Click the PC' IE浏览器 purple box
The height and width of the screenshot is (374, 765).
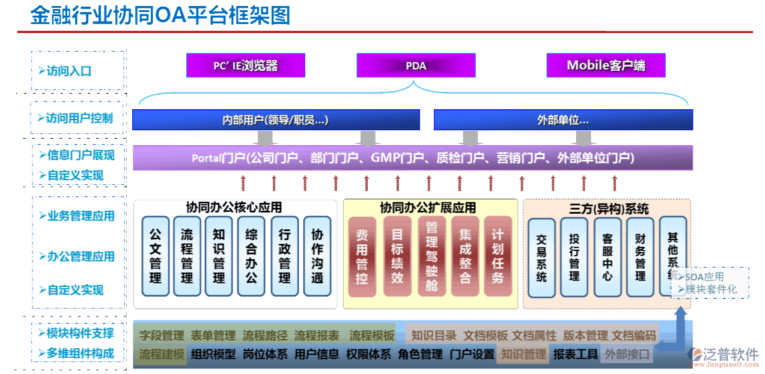pyautogui.click(x=245, y=65)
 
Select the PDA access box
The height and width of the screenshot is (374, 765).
pyautogui.click(x=416, y=65)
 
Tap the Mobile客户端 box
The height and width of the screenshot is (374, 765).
pyautogui.click(x=606, y=65)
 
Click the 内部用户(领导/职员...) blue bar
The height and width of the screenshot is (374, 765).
pyautogui.click(x=276, y=120)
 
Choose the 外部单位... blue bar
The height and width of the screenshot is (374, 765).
pyautogui.click(x=563, y=120)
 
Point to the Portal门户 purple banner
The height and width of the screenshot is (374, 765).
pyautogui.click(x=412, y=158)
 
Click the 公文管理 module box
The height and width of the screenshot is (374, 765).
pyautogui.click(x=156, y=256)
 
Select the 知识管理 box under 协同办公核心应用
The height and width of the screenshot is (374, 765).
pyautogui.click(x=219, y=256)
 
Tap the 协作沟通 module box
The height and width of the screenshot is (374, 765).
pyautogui.click(x=317, y=256)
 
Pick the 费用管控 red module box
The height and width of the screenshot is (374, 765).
pyautogui.click(x=362, y=256)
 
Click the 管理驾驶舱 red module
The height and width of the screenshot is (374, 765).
pyautogui.click(x=431, y=256)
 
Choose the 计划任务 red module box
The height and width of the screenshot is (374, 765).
pyautogui.click(x=498, y=256)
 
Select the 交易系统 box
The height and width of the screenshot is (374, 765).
pyautogui.click(x=541, y=258)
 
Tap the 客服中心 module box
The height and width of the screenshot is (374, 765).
pyautogui.click(x=608, y=258)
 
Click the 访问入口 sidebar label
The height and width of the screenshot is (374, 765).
pyautogui.click(x=69, y=71)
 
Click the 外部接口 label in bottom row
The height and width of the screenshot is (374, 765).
pyautogui.click(x=627, y=355)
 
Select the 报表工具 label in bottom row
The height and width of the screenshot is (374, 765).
pyautogui.click(x=575, y=355)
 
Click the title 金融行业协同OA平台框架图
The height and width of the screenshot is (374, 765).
pyautogui.click(x=160, y=16)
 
